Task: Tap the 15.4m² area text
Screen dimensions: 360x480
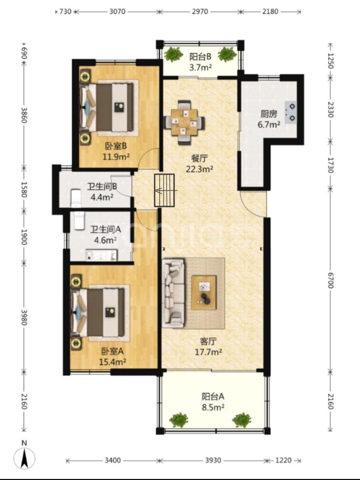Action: pos(112,362)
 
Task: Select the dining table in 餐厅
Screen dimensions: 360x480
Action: pos(184,122)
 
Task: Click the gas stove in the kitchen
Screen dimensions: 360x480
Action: pos(291,112)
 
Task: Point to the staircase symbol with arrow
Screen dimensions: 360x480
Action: pos(165,190)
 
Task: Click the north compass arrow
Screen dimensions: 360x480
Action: pos(24,457)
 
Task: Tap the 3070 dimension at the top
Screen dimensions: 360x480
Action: pos(117,11)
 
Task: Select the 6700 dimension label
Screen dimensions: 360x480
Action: pos(330,280)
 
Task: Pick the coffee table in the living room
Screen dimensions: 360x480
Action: pos(204,293)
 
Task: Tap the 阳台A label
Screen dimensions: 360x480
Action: pos(213,396)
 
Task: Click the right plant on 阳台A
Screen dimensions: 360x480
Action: pos(241,420)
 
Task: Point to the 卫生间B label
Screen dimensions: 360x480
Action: pos(102,187)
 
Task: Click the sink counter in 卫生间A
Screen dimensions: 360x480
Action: pos(101,255)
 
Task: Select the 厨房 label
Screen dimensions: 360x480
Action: pos(268,114)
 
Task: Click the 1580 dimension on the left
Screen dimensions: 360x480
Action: pos(24,189)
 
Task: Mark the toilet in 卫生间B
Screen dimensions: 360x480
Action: pos(76,198)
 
